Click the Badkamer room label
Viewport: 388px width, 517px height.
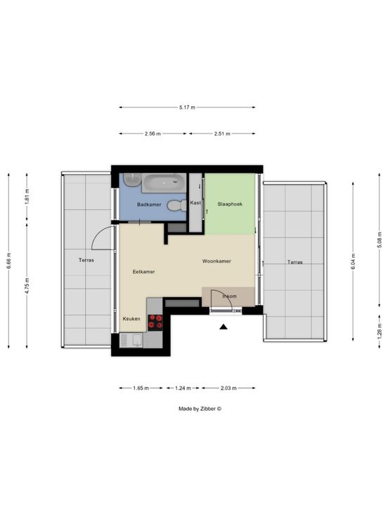click(x=149, y=204)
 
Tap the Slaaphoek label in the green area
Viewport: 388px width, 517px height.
click(x=230, y=204)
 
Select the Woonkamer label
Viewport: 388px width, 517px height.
click(x=216, y=261)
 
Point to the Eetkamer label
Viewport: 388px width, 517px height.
click(x=143, y=272)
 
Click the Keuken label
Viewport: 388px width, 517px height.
click(x=131, y=319)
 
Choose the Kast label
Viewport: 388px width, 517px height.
click(x=195, y=203)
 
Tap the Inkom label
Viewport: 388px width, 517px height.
click(x=229, y=296)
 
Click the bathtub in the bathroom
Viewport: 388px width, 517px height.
click(x=164, y=183)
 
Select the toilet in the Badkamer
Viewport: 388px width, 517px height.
click(x=176, y=206)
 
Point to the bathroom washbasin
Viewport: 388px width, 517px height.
click(x=132, y=180)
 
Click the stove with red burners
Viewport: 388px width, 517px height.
click(x=155, y=322)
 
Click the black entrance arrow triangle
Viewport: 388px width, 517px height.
click(x=224, y=327)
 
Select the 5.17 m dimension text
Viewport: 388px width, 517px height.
click(x=187, y=107)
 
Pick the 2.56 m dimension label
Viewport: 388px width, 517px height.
click(x=153, y=133)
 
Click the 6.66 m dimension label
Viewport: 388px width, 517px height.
click(x=9, y=261)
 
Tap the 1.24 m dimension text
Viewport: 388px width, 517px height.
click(x=183, y=388)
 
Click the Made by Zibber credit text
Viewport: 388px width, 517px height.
click(x=200, y=409)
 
